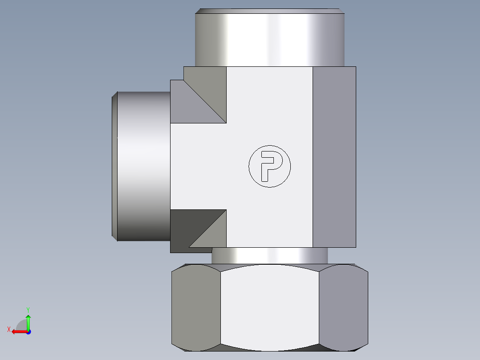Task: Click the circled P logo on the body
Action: click(269, 166)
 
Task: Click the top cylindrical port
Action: click(270, 37)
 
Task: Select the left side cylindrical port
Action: click(141, 166)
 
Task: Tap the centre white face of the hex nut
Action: click(270, 307)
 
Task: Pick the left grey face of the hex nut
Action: click(196, 307)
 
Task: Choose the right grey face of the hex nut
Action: click(343, 307)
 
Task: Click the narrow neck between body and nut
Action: click(270, 256)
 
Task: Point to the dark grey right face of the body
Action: click(334, 157)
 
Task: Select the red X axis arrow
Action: click(20, 332)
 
